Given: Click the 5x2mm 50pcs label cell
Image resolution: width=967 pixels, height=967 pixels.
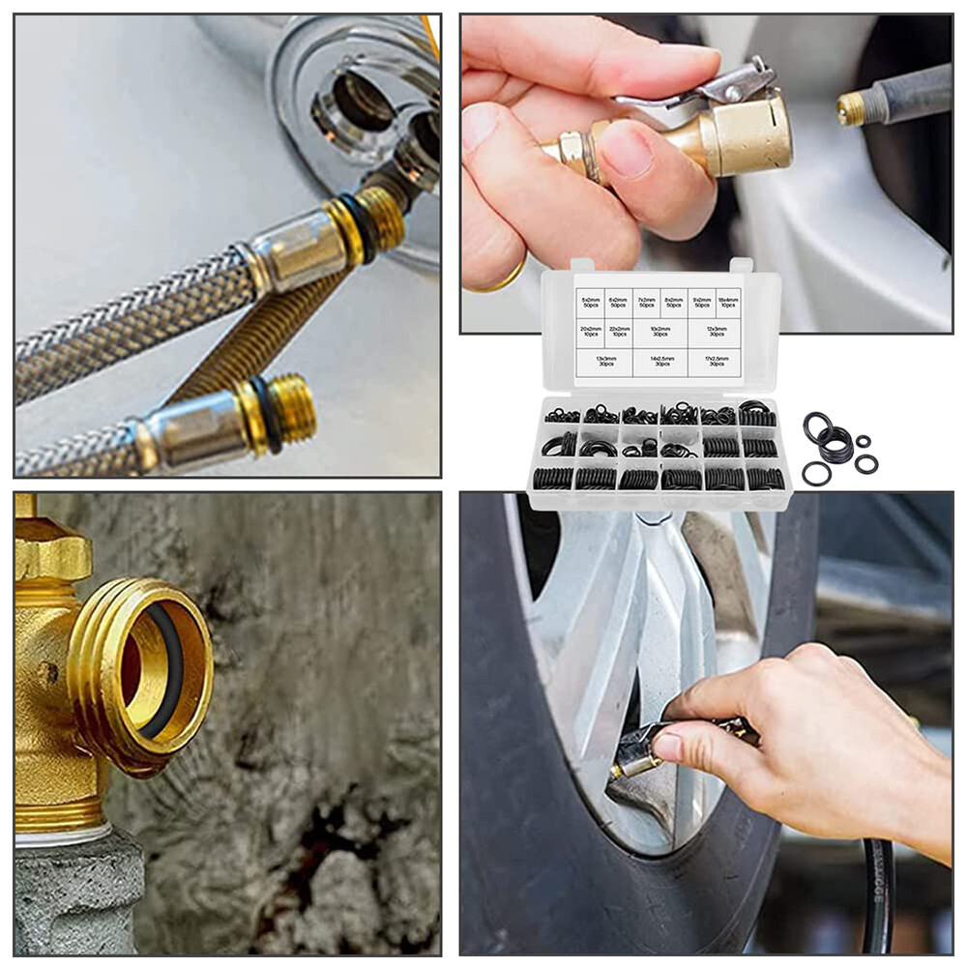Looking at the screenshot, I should (x=590, y=303).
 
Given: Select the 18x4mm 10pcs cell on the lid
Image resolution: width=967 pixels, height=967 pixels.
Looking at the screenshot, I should (x=728, y=303).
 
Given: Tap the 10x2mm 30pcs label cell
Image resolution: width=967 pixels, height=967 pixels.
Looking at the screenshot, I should (x=660, y=333).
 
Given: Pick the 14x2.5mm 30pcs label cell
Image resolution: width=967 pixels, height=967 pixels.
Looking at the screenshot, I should (x=661, y=362).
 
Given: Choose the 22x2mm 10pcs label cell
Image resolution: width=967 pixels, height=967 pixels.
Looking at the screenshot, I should (x=619, y=333).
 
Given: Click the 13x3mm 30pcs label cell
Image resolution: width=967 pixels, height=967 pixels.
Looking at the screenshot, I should (x=604, y=362).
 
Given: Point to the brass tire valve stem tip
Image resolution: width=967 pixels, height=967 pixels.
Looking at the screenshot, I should (x=851, y=108).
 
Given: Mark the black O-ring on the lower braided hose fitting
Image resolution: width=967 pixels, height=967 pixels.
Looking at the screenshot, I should (x=263, y=414).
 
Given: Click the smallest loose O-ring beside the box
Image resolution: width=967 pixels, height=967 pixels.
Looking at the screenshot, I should (x=863, y=441).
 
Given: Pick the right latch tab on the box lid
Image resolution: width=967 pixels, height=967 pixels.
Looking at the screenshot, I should (x=741, y=265).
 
